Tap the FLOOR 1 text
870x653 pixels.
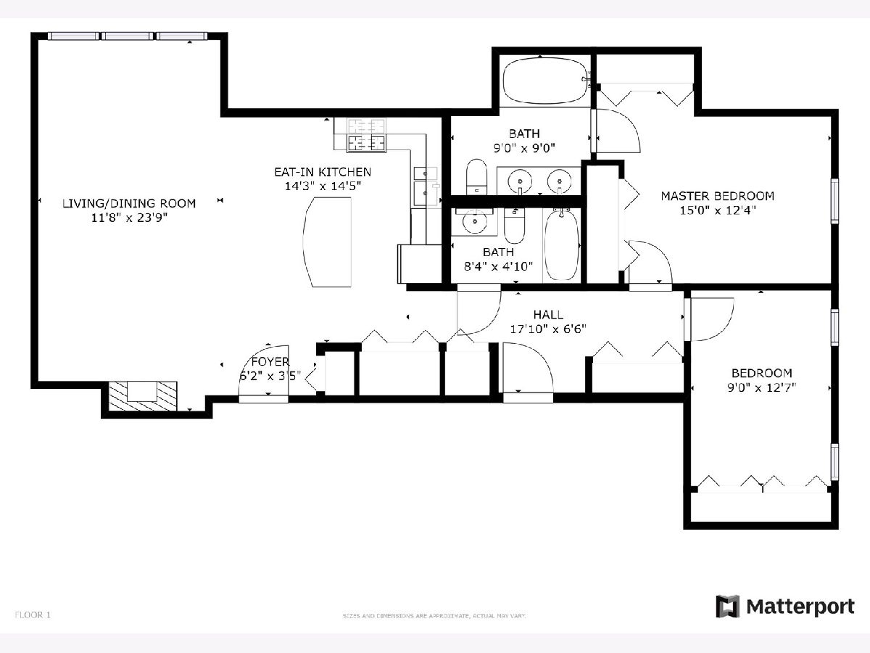(x=33, y=615)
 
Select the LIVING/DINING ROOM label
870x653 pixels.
(x=129, y=203)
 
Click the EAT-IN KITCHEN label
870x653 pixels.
(x=323, y=172)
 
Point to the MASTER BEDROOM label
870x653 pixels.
(x=718, y=196)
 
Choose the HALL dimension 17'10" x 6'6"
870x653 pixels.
(x=548, y=329)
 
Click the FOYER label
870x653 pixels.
(x=270, y=361)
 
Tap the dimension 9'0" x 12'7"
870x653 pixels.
(x=761, y=387)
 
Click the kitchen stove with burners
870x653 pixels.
(x=366, y=135)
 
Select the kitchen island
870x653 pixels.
(x=328, y=242)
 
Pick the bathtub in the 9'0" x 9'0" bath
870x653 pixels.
(x=544, y=82)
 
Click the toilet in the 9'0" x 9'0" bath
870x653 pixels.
(x=476, y=177)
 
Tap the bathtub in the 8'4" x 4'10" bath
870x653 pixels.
(x=562, y=245)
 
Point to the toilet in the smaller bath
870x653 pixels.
(x=515, y=226)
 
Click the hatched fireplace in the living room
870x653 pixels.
(x=143, y=396)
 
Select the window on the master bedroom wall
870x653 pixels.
(x=834, y=201)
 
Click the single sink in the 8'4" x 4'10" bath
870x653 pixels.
(x=474, y=221)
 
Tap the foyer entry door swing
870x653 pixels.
(x=264, y=370)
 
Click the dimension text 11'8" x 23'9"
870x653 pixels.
(x=129, y=218)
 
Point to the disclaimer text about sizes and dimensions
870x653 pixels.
(x=434, y=616)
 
